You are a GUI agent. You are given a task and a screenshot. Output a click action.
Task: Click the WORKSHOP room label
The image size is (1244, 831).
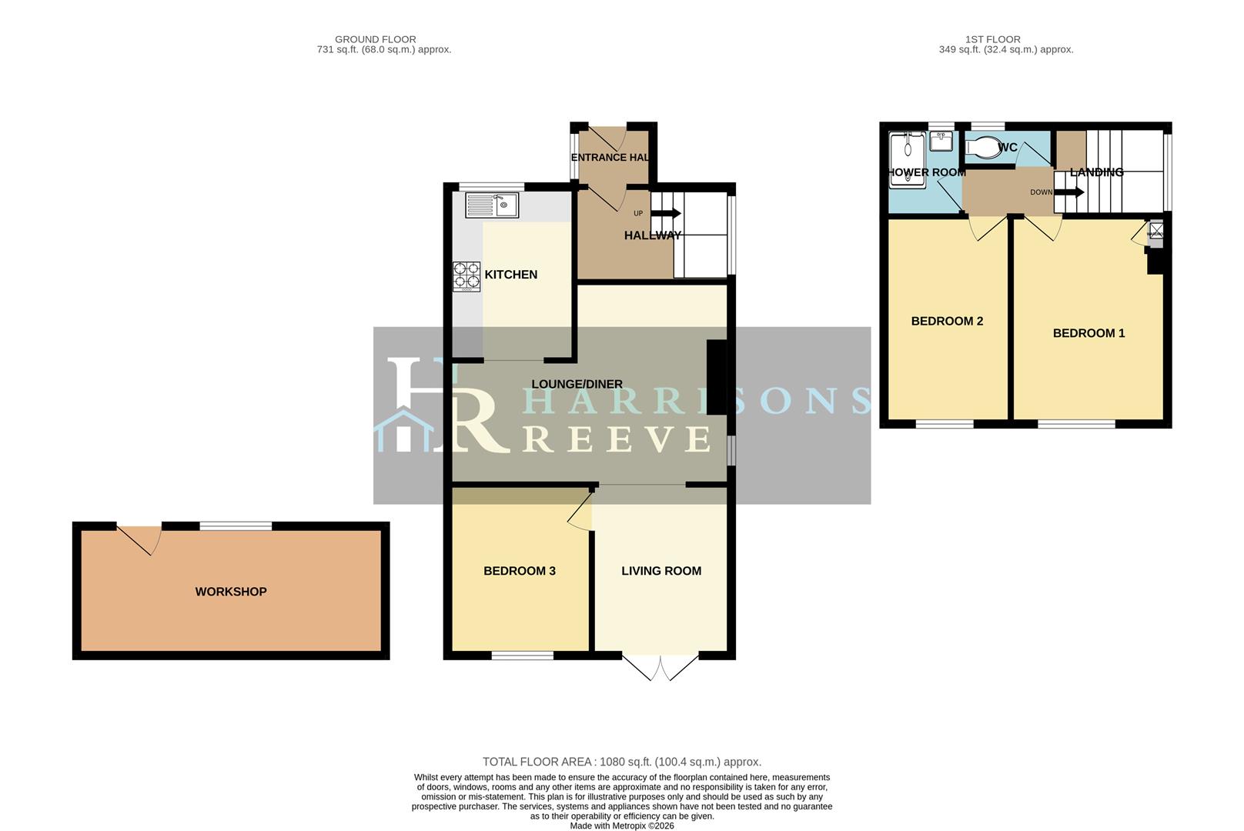pyautogui.click(x=231, y=592)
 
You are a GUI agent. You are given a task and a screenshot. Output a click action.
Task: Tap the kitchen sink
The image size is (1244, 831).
pyautogui.click(x=492, y=205)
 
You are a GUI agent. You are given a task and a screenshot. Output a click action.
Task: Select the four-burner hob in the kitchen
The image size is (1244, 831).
pyautogui.click(x=466, y=276)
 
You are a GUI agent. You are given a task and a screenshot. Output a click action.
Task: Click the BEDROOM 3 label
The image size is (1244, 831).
pyautogui.click(x=520, y=571)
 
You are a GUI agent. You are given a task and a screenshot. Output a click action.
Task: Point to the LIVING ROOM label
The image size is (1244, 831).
pyautogui.click(x=661, y=571)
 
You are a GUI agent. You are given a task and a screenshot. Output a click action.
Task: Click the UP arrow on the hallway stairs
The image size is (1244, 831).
pyautogui.click(x=666, y=213)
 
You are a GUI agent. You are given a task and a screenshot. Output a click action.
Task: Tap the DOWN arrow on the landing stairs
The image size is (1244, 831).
pyautogui.click(x=1069, y=192)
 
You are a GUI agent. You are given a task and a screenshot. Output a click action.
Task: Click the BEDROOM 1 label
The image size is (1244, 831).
pyautogui.click(x=1088, y=333)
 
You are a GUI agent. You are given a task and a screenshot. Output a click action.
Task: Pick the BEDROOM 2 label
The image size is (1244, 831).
pyautogui.click(x=947, y=321)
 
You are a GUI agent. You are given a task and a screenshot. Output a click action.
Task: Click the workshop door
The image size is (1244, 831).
pyautogui.click(x=139, y=538)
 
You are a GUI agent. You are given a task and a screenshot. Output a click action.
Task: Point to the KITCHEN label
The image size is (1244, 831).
pyautogui.click(x=510, y=275)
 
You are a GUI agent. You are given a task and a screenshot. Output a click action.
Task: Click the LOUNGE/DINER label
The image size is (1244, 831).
pyautogui.click(x=577, y=384)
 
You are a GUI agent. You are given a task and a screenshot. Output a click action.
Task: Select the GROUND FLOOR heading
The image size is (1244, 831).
pyautogui.click(x=376, y=39)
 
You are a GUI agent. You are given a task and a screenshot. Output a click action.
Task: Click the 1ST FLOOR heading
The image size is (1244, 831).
pyautogui.click(x=992, y=39)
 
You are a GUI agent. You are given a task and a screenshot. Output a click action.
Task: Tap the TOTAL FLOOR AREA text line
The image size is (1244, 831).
pyautogui.click(x=621, y=762)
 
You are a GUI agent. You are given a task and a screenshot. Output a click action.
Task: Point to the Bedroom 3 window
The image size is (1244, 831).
pyautogui.click(x=523, y=656)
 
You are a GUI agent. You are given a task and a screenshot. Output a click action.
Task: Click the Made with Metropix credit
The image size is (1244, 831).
pyautogui.click(x=621, y=826)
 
